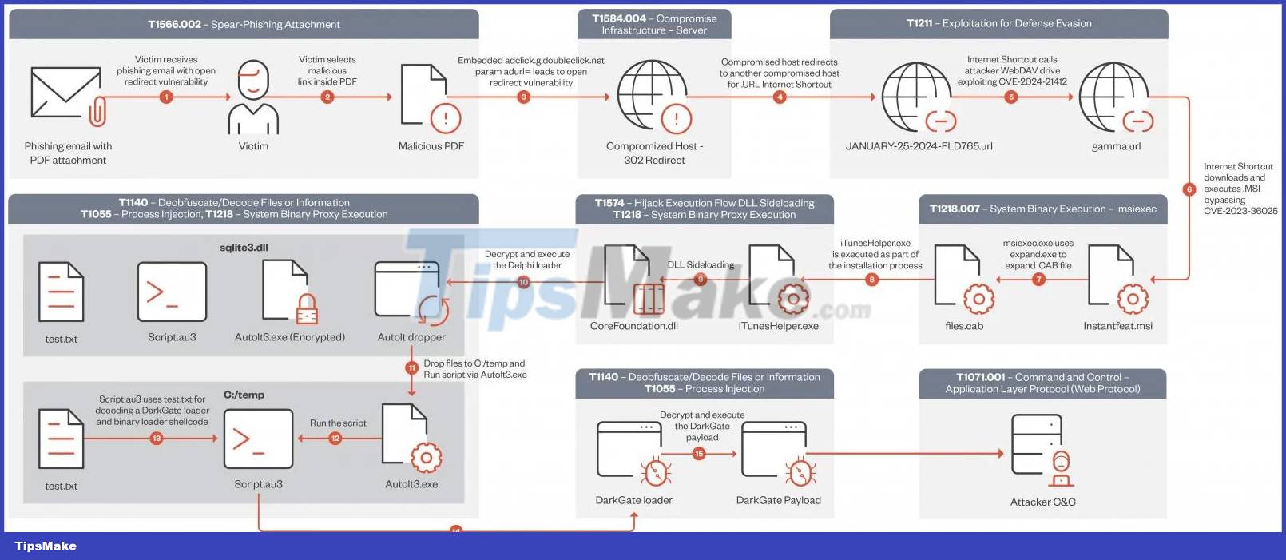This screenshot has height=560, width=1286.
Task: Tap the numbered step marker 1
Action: pos(166,97)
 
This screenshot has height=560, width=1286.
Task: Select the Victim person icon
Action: pos(253,97)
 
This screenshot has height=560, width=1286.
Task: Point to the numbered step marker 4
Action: pos(780,97)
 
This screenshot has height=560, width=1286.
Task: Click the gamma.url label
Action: pos(1116,146)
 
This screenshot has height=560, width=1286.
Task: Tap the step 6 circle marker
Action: pos(1189,189)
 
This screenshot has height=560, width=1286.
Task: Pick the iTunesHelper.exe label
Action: pos(778,326)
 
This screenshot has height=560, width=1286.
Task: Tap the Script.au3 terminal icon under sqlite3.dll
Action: pos(172,292)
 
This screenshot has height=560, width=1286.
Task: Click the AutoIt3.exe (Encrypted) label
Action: pos(290,337)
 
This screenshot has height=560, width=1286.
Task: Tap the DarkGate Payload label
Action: pos(778,500)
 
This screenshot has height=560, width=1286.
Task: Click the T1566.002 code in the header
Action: pos(174,24)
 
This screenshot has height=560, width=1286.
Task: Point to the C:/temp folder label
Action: pos(244,395)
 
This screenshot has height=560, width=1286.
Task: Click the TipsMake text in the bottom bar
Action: pos(46,546)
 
